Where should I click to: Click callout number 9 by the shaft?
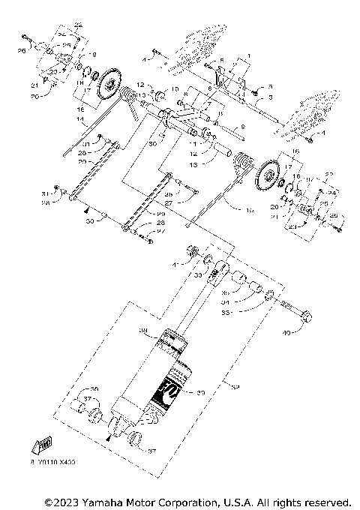(x=242, y=126)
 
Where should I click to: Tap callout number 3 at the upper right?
(x=270, y=97)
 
